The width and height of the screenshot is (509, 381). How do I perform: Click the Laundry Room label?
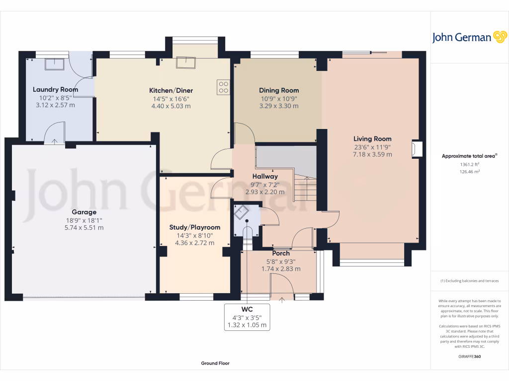coord(55,89)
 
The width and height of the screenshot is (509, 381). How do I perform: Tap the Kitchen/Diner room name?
coord(171,90)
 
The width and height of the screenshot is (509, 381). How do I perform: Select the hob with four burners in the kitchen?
coord(223,87)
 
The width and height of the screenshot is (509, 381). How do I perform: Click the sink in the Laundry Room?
coord(55,64)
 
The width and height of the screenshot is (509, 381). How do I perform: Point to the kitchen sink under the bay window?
coord(186,63)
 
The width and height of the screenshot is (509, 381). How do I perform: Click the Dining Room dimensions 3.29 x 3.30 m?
coord(279,106)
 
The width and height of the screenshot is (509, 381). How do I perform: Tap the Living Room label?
coord(372,139)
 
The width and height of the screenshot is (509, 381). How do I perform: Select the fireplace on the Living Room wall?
coord(418,149)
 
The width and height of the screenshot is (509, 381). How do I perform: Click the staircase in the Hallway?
coord(305,188)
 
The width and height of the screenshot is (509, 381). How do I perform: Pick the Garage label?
coord(84,212)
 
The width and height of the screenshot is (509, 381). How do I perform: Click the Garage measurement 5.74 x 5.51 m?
coord(84,228)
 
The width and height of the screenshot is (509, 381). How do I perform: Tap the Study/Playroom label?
coord(195,227)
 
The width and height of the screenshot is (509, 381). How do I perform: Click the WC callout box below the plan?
coord(247,317)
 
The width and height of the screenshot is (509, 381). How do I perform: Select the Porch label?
coord(281,254)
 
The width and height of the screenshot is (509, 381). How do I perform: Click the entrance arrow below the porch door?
coord(282,300)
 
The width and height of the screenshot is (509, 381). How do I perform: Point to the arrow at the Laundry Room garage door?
coord(55,141)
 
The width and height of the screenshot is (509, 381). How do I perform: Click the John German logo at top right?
coord(469,37)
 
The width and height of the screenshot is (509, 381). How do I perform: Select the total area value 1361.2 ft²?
coord(469,164)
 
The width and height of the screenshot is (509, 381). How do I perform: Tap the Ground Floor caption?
coord(215,363)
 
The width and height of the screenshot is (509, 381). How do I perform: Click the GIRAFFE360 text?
coord(469,356)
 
